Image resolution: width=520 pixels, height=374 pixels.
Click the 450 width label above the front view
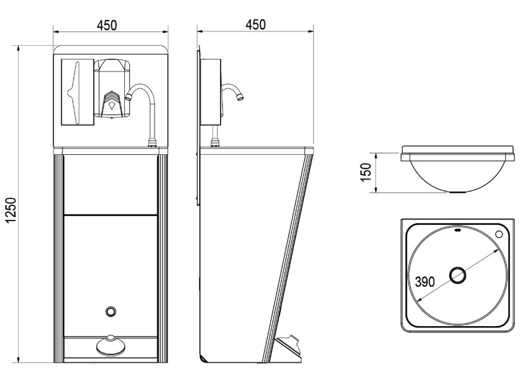point(107,26)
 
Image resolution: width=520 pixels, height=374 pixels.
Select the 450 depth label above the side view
point(255,24)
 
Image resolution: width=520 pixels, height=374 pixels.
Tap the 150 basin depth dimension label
point(366,172)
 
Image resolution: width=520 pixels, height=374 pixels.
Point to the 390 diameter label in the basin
point(425,282)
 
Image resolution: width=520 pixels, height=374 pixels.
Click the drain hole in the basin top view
point(458,275)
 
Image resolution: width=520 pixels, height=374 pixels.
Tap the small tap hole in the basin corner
point(499,234)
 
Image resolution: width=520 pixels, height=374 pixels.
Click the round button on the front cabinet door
point(110,311)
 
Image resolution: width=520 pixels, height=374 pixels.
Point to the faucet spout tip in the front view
point(128,97)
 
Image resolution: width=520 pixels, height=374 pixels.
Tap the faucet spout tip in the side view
point(240,97)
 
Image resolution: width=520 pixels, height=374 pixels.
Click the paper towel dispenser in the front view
point(77,92)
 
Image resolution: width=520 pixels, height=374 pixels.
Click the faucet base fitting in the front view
point(151,143)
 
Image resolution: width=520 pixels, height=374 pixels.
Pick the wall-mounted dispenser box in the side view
point(211,92)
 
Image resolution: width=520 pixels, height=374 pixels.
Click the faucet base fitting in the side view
point(215,143)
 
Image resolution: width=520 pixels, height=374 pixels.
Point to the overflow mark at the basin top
point(457,229)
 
